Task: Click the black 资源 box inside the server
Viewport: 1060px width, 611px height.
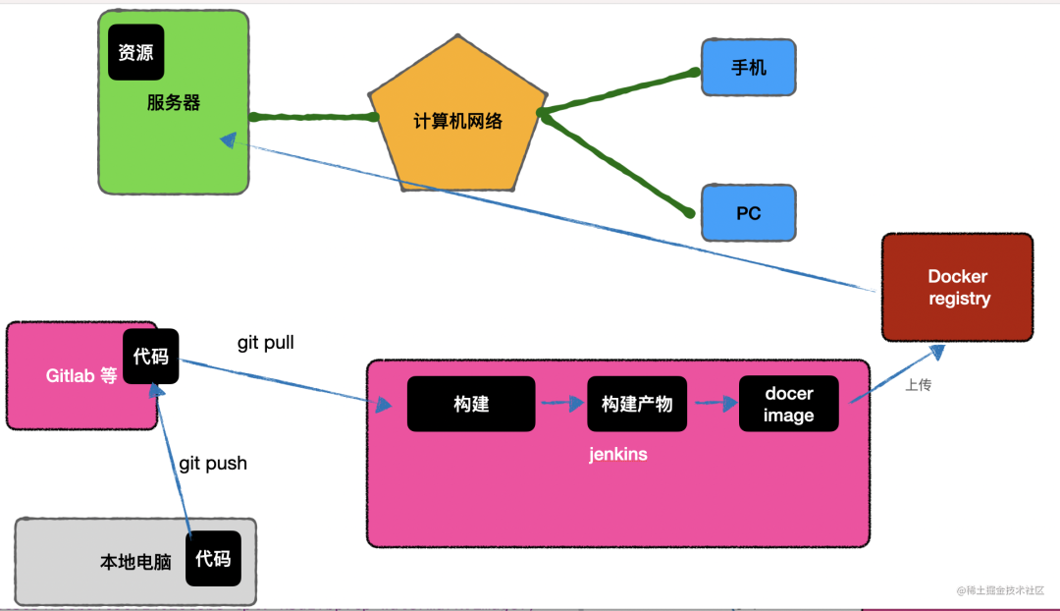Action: pyautogui.click(x=135, y=52)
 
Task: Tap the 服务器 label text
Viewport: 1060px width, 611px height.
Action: pyautogui.click(x=174, y=102)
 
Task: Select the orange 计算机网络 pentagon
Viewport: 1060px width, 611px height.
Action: pyautogui.click(x=457, y=118)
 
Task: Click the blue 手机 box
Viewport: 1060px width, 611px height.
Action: pyautogui.click(x=748, y=68)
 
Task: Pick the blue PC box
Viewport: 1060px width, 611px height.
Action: pyautogui.click(x=748, y=213)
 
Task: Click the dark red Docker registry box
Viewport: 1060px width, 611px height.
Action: pyautogui.click(x=957, y=288)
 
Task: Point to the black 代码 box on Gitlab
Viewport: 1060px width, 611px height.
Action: pyautogui.click(x=151, y=357)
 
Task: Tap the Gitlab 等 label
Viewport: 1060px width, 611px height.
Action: pyautogui.click(x=81, y=376)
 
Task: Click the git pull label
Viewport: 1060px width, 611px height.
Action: pyautogui.click(x=265, y=343)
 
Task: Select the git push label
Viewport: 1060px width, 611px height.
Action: pyautogui.click(x=213, y=463)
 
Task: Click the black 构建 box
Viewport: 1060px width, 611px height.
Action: pyautogui.click(x=471, y=404)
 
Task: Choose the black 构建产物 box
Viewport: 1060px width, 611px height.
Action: pyautogui.click(x=637, y=404)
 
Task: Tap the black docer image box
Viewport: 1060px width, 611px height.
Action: pyautogui.click(x=789, y=404)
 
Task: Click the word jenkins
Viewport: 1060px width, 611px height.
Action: pyautogui.click(x=618, y=455)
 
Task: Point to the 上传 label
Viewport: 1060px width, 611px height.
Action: pyautogui.click(x=918, y=385)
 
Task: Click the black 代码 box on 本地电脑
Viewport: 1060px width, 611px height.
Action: pyautogui.click(x=213, y=559)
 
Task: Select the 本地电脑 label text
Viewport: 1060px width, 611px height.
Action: pyautogui.click(x=135, y=563)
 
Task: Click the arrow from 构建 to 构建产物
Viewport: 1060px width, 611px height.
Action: pyautogui.click(x=561, y=403)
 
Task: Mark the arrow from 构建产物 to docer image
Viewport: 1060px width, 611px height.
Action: pyautogui.click(x=713, y=403)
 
